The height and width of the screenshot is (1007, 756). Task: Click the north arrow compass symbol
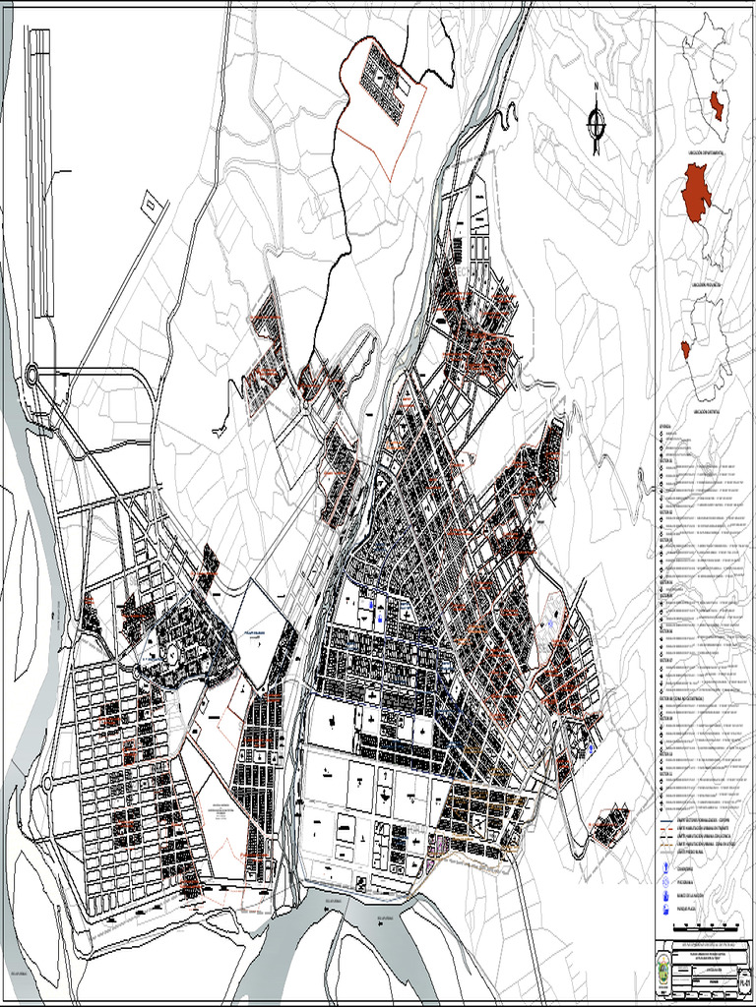coord(596,124)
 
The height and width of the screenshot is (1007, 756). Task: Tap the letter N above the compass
coord(596,86)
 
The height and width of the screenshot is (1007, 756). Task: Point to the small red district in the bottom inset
coord(685,349)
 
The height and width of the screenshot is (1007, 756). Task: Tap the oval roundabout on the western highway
coord(33,374)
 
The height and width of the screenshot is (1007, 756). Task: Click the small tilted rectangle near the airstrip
coord(151,205)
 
